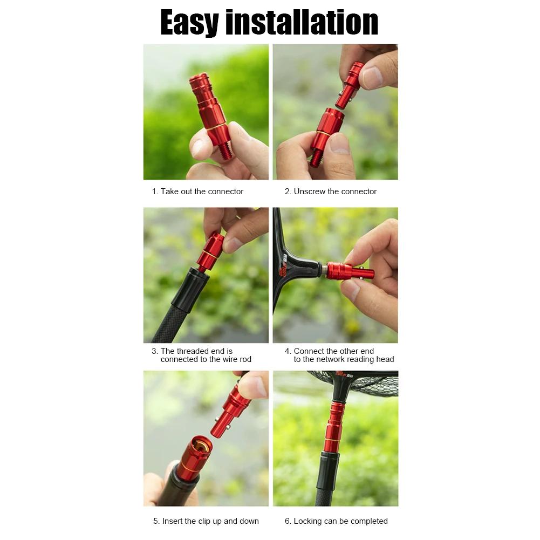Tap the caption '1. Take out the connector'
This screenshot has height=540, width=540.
(x=197, y=192)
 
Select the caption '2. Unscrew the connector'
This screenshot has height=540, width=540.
(x=331, y=192)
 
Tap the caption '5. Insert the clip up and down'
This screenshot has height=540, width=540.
(x=206, y=521)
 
